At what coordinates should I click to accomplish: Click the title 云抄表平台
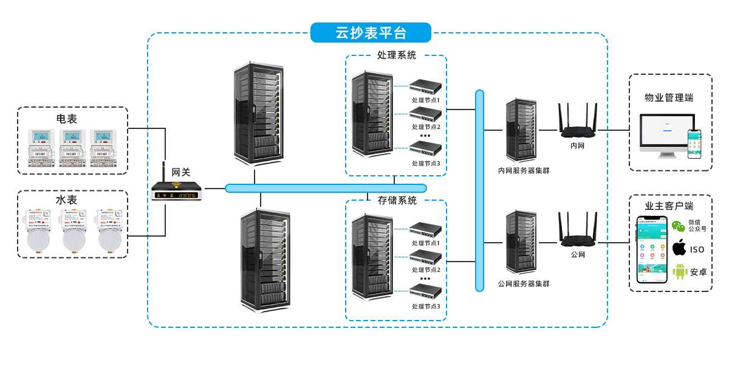pos(371,32)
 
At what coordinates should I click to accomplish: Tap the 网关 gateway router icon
pos(176,190)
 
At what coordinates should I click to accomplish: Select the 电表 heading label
pos(67,119)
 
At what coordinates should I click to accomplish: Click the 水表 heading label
pos(67,200)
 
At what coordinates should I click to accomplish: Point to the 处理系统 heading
pos(397,55)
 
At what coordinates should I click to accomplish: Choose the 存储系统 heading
pos(397,200)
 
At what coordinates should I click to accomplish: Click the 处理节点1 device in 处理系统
pos(425,87)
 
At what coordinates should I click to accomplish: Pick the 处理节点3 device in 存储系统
pos(425,291)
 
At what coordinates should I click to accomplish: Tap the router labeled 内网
pos(577,122)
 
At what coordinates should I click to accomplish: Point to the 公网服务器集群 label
pos(523,283)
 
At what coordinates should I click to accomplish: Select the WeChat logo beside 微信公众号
pos(678,226)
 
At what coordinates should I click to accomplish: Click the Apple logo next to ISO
pos(679,248)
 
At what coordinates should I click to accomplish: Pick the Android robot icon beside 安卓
pos(679,272)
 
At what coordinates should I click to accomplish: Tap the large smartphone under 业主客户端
pos(651,249)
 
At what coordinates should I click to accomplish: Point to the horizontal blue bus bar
pos(326,188)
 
